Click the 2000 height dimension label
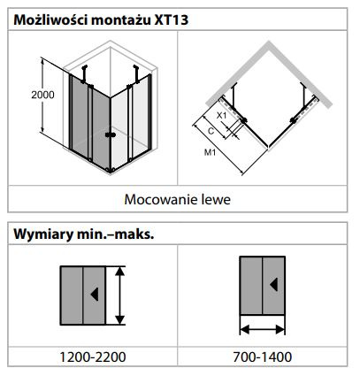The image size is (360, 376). [42, 95]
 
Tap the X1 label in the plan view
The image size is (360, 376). [222, 116]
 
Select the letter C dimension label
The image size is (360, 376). [211, 131]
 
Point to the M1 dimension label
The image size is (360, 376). [210, 152]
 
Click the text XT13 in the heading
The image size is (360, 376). [172, 20]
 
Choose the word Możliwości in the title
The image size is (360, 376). [50, 20]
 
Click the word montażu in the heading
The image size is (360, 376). [121, 20]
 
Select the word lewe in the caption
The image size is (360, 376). [216, 200]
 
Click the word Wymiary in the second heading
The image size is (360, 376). [43, 234]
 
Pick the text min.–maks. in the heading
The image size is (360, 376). [116, 234]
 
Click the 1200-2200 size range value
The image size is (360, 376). [93, 357]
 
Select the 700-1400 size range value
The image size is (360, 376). [263, 357]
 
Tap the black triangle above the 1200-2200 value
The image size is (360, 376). [95, 295]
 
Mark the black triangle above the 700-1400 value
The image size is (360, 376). [274, 284]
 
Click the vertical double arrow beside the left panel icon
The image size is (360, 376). [119, 295]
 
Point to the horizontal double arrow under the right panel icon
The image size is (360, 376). [263, 329]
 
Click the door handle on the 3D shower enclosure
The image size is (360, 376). [111, 135]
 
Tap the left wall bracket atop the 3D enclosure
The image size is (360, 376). [84, 74]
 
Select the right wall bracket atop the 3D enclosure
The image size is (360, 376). [136, 74]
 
